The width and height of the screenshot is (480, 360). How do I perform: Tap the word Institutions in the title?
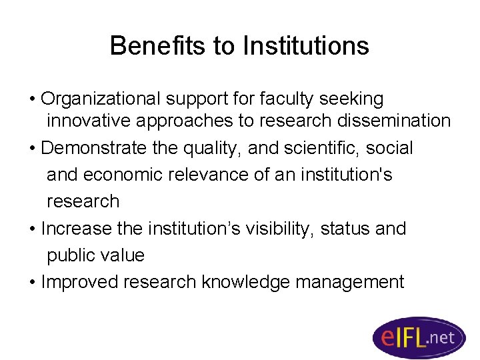pyautogui.click(x=305, y=46)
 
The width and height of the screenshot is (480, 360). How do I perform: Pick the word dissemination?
pyautogui.click(x=393, y=121)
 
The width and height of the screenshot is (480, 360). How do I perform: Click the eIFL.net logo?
pyautogui.click(x=418, y=337)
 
